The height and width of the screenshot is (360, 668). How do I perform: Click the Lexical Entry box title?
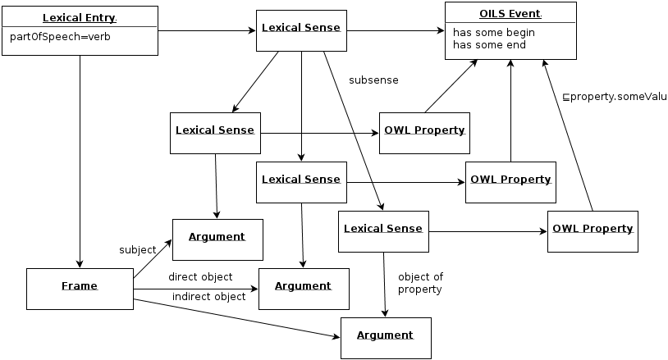click(x=80, y=18)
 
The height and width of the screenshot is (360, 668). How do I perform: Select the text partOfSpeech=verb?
click(x=60, y=37)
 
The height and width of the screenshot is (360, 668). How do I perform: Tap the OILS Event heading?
click(x=510, y=14)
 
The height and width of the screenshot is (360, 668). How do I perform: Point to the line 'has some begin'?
click(x=494, y=33)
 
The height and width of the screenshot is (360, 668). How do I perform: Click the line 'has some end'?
click(x=489, y=44)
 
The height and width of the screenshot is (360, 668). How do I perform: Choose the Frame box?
click(x=80, y=289)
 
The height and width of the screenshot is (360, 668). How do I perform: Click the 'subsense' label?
click(x=373, y=80)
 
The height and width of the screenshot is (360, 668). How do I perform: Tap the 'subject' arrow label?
click(x=138, y=250)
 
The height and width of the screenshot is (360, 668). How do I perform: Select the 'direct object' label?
click(x=200, y=277)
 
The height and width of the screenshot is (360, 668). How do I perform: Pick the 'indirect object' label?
click(x=208, y=297)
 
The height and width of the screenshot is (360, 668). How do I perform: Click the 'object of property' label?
click(x=420, y=283)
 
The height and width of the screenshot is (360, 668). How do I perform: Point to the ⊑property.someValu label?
click(x=615, y=97)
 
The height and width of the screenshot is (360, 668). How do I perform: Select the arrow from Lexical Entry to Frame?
click(x=80, y=162)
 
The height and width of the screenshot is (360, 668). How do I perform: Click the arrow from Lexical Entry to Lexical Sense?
click(x=207, y=30)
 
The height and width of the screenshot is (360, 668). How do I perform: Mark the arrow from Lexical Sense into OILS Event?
click(x=396, y=30)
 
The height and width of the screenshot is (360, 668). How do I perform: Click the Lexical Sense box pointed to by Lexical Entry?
click(x=302, y=30)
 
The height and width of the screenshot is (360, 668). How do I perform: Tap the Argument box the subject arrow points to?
click(x=217, y=239)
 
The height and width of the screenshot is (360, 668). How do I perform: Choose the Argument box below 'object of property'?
click(x=386, y=338)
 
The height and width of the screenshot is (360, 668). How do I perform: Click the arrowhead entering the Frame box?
click(x=80, y=264)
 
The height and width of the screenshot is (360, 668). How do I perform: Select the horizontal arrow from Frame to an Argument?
click(x=196, y=289)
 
